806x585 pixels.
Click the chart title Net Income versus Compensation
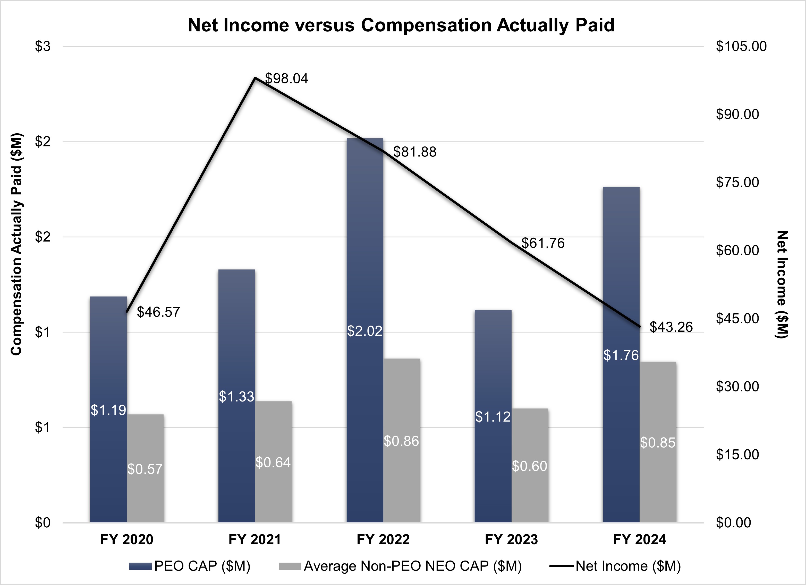coord(401,25)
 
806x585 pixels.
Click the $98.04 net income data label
coord(286,78)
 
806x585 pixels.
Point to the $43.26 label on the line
coord(671,327)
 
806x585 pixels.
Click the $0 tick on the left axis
coord(42,522)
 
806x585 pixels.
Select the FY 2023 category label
coord(511,539)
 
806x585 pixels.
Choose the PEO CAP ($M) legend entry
coord(190,566)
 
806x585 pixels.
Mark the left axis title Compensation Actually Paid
coord(16,244)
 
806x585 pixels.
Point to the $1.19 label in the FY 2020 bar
coord(108,410)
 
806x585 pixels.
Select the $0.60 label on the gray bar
coord(529,466)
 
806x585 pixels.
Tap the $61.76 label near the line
coord(543,243)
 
